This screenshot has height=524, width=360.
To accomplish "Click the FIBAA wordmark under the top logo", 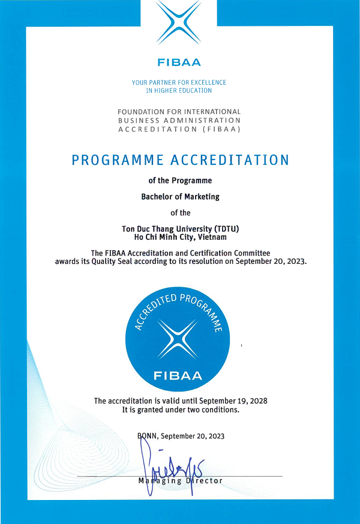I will (x=179, y=62).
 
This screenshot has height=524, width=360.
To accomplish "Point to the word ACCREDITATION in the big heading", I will (x=230, y=160).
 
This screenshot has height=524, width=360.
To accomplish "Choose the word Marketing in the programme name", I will (x=200, y=196).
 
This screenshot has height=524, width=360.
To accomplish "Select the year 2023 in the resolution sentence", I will (x=296, y=261).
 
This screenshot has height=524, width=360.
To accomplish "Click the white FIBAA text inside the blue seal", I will (x=178, y=377).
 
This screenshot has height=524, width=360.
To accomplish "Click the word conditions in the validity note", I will (x=218, y=410).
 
